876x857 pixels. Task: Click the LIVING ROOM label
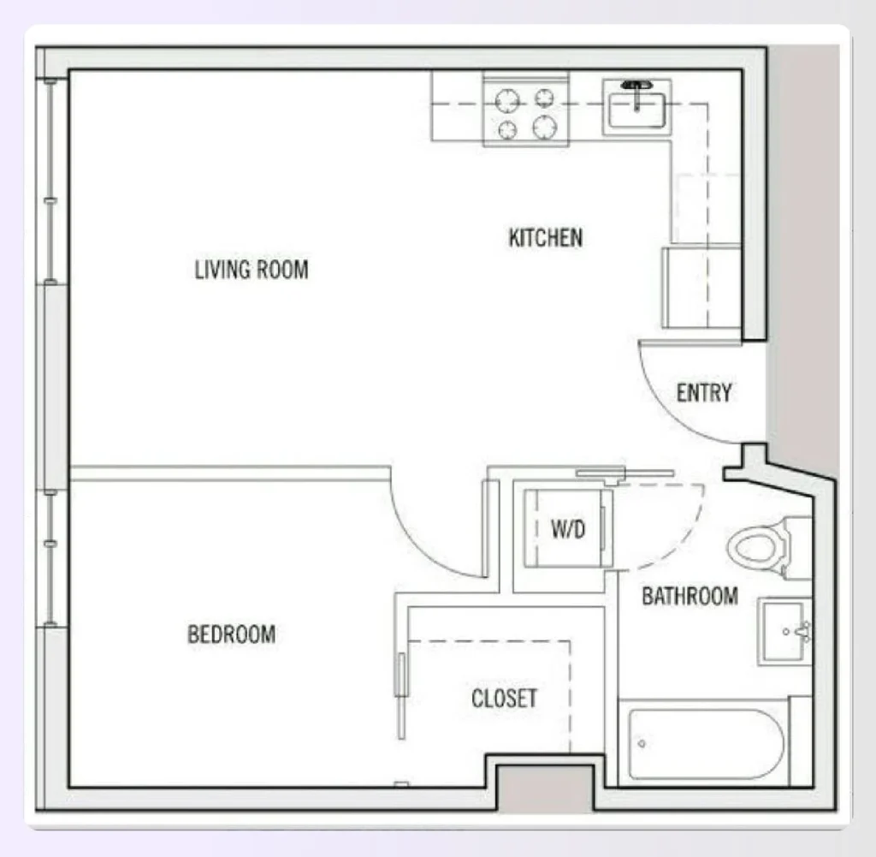pyautogui.click(x=251, y=270)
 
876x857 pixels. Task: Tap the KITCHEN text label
pyautogui.click(x=546, y=237)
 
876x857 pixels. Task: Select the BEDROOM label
pyautogui.click(x=231, y=634)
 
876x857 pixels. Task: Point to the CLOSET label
pyautogui.click(x=504, y=699)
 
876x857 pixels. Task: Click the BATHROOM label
pyautogui.click(x=690, y=596)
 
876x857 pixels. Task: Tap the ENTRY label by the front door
pyautogui.click(x=704, y=393)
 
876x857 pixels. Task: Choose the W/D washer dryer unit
pyautogui.click(x=566, y=529)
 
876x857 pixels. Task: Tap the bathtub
pyautogui.click(x=707, y=741)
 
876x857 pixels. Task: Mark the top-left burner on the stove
pyautogui.click(x=507, y=101)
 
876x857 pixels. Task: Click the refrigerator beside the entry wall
pyautogui.click(x=701, y=288)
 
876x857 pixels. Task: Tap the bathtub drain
pyautogui.click(x=642, y=742)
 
